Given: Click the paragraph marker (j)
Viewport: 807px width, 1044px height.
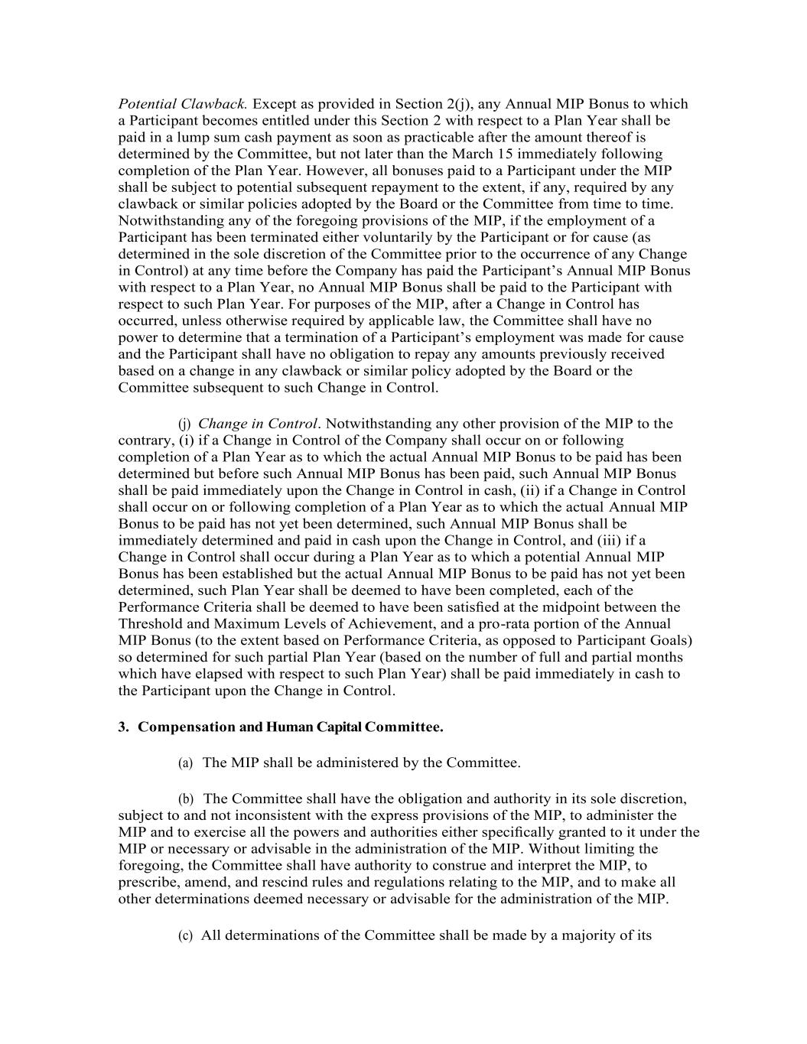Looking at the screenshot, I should pos(184,424).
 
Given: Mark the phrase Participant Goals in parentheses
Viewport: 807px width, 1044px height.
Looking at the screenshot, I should pos(634,640).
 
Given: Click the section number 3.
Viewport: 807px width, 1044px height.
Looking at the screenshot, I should pos(123,727).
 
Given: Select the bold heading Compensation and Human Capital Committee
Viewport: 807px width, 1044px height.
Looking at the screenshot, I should pos(291,727).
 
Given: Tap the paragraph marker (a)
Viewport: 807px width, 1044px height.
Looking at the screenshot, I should pos(185,763).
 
